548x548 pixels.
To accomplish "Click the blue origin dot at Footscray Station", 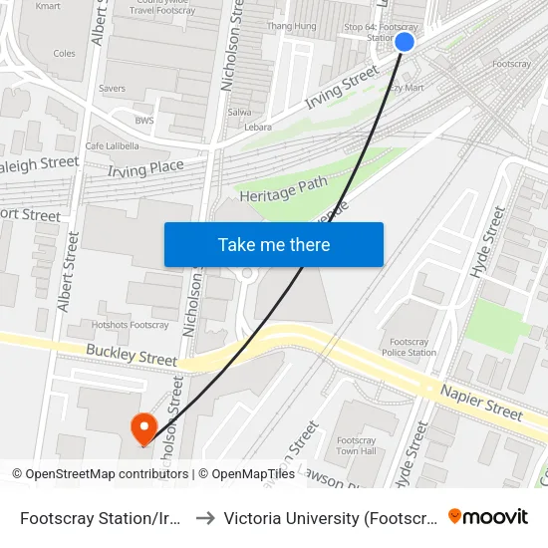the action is [x=405, y=41].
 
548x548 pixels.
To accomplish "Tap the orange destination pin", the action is [x=144, y=428].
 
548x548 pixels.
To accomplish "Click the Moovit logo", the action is [x=488, y=517].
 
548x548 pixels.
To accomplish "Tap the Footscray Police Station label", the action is [x=410, y=347].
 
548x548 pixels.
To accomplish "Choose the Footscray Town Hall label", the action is [x=356, y=445].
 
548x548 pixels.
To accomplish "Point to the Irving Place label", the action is [x=145, y=169].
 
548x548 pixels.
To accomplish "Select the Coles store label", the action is [x=64, y=54].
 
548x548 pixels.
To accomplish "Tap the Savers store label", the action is [x=112, y=89].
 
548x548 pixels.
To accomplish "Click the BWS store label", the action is [x=144, y=121].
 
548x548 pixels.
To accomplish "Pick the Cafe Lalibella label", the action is [x=110, y=146].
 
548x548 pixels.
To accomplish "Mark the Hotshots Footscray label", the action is [x=130, y=325].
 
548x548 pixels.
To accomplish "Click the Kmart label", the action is [x=47, y=6].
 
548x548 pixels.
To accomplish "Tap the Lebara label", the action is [x=258, y=129].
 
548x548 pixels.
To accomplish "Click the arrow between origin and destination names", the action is [x=203, y=518].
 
